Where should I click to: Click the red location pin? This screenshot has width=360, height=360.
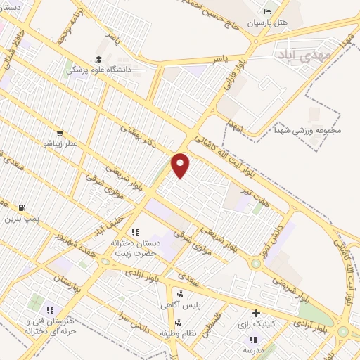tap(181, 165)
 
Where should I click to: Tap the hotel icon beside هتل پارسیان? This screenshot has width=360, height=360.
tap(266, 12)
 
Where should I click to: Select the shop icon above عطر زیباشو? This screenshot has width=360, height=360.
tap(60, 133)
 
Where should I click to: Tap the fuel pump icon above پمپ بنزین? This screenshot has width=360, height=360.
tap(22, 208)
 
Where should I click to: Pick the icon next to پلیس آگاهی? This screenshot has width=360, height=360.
tap(181, 295)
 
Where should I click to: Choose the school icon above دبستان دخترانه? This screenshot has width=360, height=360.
tap(135, 231)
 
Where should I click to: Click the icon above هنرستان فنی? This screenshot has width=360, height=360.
tap(50, 309)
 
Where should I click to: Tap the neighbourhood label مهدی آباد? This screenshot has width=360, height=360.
tap(284, 53)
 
